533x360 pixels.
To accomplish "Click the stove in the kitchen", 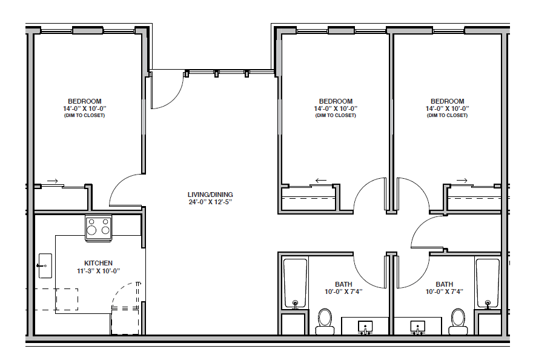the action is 98,228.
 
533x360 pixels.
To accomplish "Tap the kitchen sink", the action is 45,265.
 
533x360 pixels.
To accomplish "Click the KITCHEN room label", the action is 98,263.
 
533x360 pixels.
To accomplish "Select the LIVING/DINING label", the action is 210,195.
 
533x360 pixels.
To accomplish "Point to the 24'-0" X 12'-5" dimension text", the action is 210,202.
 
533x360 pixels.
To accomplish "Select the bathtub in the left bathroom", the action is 295,284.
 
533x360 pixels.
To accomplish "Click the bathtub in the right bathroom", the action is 488,284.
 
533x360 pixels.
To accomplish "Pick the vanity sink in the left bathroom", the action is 365,327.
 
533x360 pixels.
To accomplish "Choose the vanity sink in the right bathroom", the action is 417,327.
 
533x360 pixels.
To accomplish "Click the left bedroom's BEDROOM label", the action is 85,101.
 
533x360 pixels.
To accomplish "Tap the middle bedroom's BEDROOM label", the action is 336,101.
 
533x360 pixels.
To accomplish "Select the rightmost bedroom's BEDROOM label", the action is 448,101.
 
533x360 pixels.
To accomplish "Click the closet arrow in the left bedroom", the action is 52,181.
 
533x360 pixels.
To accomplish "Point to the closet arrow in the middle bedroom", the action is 321,181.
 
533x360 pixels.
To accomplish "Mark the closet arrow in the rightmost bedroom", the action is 462,181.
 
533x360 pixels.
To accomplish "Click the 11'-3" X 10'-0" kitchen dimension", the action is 98,271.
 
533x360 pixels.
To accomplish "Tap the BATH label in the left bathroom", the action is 343,284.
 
